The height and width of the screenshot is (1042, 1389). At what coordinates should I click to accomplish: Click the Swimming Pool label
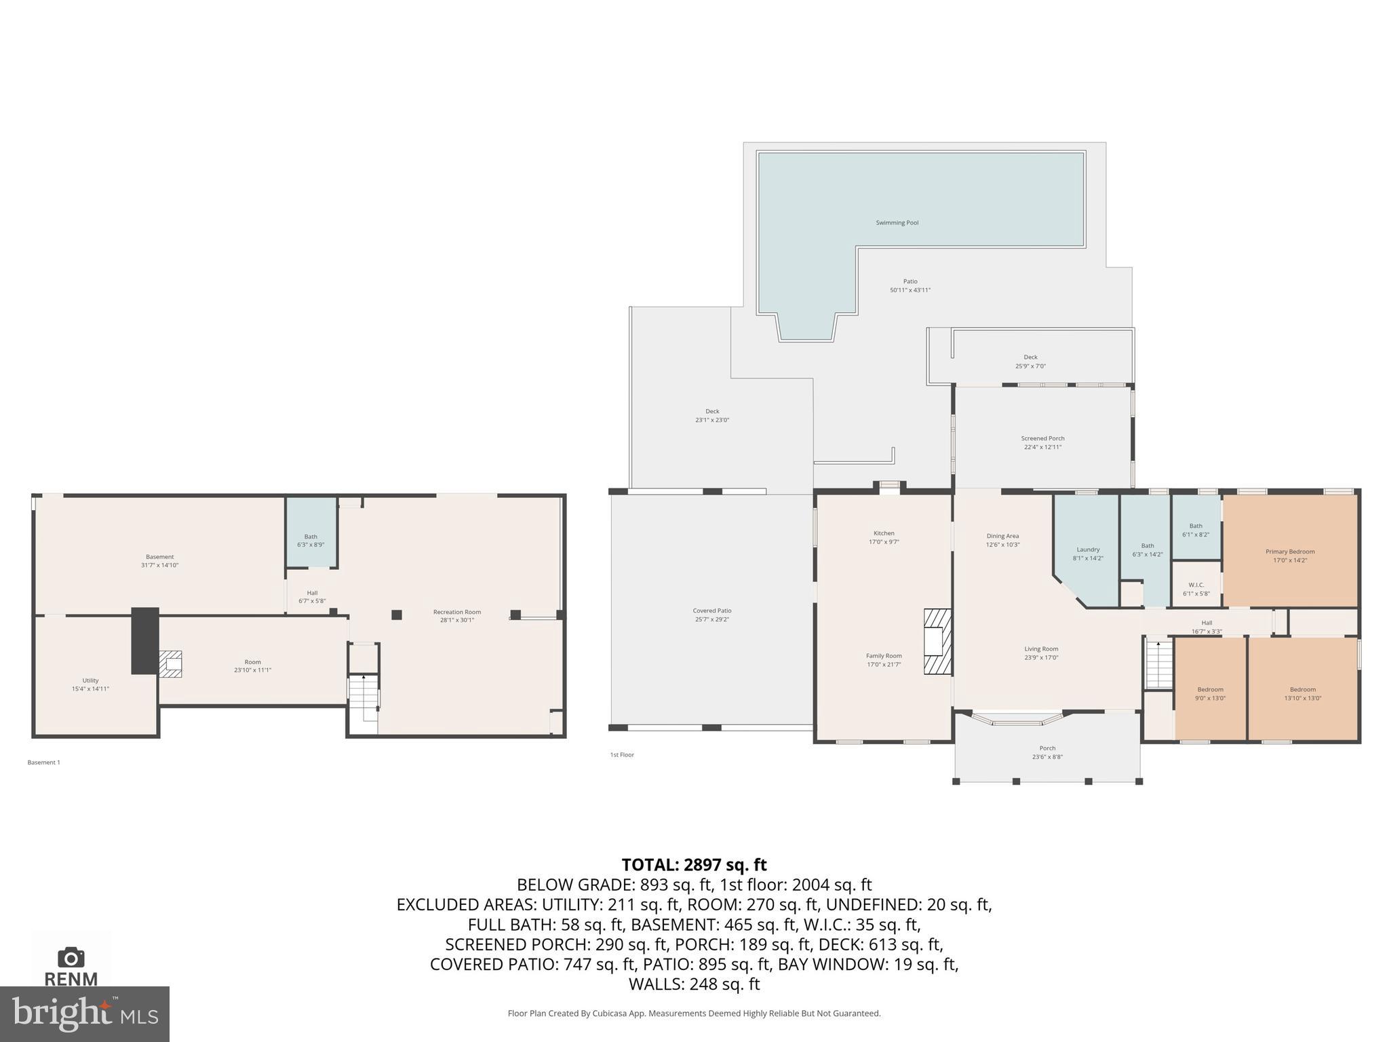(897, 223)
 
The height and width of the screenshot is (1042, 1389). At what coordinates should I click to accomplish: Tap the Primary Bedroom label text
(1289, 552)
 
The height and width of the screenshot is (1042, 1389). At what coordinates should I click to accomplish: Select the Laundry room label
(1088, 549)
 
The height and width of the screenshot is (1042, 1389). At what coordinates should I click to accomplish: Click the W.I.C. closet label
(1196, 585)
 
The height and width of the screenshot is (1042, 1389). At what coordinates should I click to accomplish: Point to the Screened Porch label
(1042, 438)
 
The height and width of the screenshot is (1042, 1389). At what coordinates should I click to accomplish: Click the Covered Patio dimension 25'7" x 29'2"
(712, 619)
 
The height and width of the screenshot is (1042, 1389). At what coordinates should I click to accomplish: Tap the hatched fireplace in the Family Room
(937, 641)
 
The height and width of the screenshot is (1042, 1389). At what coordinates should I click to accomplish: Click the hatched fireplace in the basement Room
(170, 663)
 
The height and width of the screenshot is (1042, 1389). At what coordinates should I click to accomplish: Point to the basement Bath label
(311, 537)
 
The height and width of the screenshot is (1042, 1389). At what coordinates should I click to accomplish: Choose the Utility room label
(90, 680)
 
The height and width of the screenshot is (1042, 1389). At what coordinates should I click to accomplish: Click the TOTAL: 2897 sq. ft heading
(694, 865)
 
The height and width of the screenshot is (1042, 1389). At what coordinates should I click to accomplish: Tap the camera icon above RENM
(71, 957)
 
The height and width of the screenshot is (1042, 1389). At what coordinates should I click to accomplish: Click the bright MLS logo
(85, 1014)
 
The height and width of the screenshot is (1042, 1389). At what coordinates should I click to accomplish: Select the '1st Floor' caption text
(622, 754)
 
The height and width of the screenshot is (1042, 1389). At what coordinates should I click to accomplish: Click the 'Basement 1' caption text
(43, 763)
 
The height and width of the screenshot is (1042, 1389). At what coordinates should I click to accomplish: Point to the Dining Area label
(1002, 536)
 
